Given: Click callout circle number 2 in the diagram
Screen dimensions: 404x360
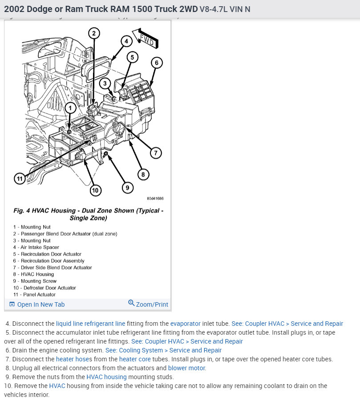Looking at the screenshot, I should click(x=93, y=32).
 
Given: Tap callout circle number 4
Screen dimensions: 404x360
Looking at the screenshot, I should click(x=126, y=41).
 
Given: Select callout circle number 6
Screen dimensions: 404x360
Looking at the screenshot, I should click(x=156, y=63).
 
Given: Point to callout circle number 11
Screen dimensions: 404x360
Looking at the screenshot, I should click(x=19, y=179).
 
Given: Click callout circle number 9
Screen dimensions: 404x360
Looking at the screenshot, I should click(x=127, y=188).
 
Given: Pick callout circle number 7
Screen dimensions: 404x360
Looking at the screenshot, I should click(x=155, y=153).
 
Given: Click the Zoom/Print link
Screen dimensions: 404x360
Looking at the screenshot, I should click(x=148, y=304).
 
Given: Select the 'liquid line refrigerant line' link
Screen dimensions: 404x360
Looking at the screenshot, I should click(x=90, y=324).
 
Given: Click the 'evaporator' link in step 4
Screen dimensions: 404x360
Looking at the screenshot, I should click(x=185, y=324).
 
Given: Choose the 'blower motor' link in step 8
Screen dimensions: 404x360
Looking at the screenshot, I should click(x=187, y=368).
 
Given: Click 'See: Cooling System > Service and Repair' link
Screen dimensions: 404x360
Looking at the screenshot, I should click(x=163, y=350).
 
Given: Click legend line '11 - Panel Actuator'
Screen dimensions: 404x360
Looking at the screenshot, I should click(x=34, y=295).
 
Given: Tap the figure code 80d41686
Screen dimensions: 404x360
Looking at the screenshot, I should click(x=155, y=198).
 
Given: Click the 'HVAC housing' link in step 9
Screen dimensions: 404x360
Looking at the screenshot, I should click(x=106, y=377).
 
